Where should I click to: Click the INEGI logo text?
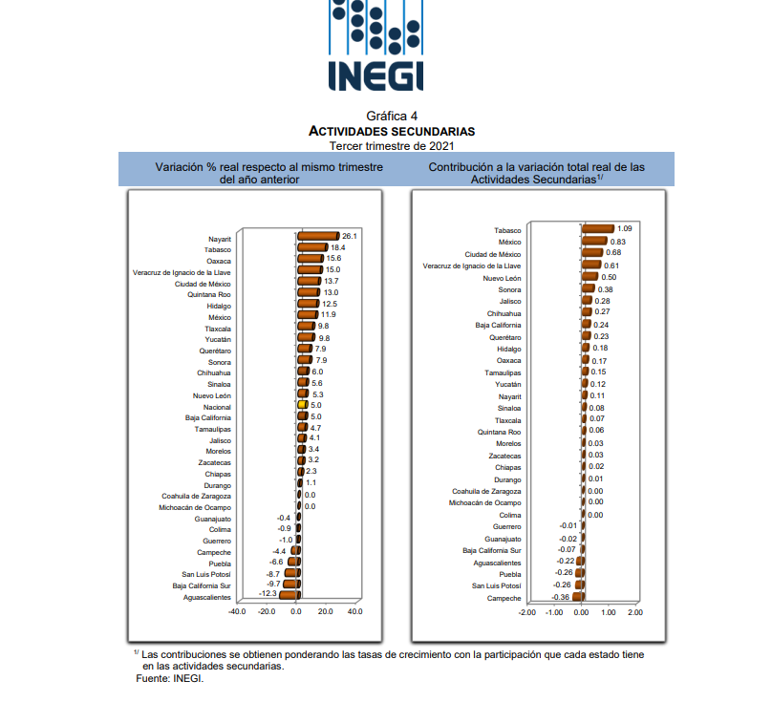[375, 74]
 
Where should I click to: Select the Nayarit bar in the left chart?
[317, 236]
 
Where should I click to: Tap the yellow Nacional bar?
[302, 406]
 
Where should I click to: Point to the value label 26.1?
[350, 236]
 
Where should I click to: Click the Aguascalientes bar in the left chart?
[288, 593]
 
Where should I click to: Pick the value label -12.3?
[267, 593]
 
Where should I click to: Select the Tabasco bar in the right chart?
[597, 229]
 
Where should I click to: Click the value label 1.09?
[625, 229]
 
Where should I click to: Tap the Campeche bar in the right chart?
[578, 598]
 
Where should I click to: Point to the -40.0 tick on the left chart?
[237, 611]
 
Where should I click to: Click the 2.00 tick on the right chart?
[635, 611]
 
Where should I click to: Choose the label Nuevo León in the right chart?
[502, 278]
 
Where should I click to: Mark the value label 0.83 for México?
[617, 242]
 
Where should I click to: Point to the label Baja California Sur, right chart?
[492, 551]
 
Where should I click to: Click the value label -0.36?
[562, 598]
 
